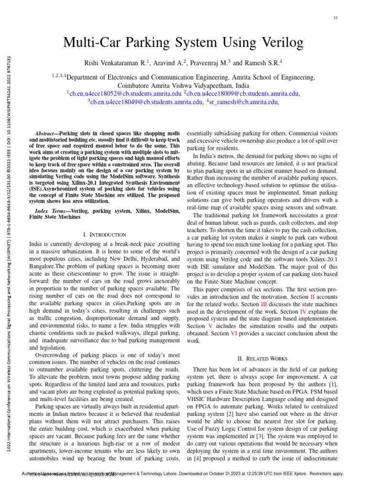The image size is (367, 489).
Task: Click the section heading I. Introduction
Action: pyautogui.click(x=105, y=235)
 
